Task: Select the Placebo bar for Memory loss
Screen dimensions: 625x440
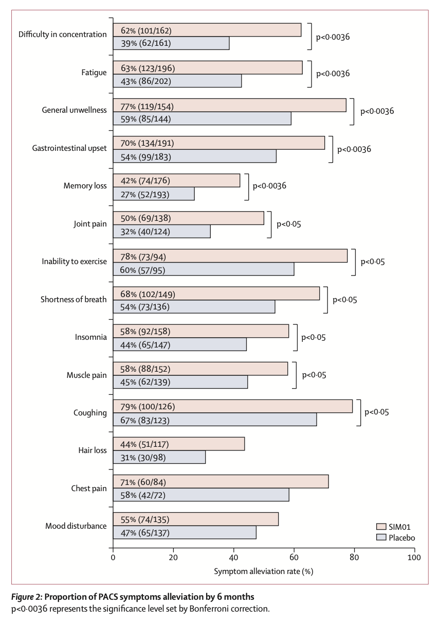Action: coord(154,194)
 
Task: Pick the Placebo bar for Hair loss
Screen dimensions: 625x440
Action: coord(159,457)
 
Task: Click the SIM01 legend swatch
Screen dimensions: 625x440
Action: coord(381,527)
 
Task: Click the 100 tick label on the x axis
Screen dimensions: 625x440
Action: coord(414,557)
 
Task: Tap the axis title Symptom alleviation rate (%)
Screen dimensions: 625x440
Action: coord(264,571)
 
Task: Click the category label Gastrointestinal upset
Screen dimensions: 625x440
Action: coord(69,148)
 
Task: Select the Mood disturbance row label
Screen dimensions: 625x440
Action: coord(76,526)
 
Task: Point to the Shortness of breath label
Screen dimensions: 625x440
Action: coord(74,300)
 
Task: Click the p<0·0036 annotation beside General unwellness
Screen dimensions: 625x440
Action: coord(377,111)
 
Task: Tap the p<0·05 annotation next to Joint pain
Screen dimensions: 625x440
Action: coord(289,224)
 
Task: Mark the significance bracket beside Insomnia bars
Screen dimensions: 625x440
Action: coord(296,338)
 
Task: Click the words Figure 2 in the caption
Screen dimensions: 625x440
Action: coord(26,597)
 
